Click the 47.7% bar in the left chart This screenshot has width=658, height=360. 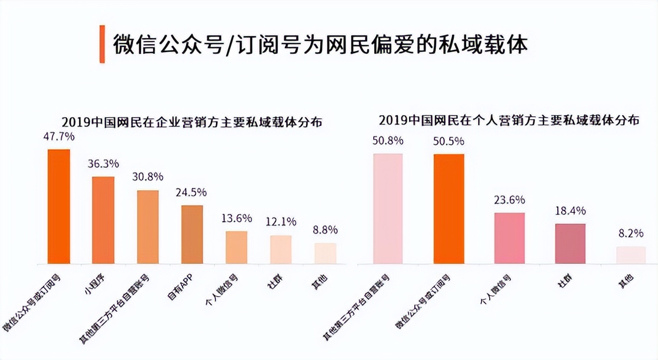59,206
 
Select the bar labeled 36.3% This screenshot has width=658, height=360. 103,220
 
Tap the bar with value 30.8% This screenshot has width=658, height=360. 148,227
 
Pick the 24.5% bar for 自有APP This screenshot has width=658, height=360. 192,235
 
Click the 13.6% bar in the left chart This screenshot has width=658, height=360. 236,247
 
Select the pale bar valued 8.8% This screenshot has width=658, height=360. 325,254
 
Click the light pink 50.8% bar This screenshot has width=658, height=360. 388,209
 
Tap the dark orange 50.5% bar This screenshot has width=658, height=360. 449,209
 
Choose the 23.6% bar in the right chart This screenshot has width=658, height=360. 509,238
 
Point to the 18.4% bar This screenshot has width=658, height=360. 570,244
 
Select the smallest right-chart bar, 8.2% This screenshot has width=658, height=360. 631,255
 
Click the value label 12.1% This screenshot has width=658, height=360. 281,222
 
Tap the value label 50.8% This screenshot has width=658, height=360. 388,140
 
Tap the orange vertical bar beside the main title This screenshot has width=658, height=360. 102,44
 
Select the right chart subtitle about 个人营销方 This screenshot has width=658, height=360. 509,120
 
